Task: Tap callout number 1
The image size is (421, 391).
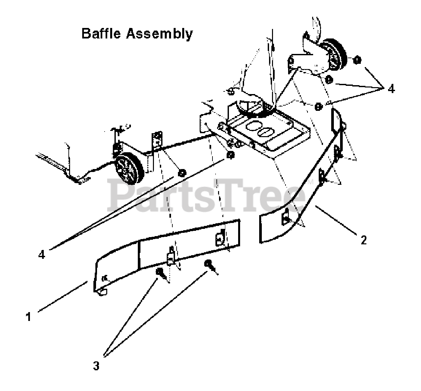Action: tap(29, 317)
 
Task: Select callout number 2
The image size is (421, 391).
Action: tap(363, 240)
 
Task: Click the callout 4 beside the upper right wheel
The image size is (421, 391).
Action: tap(391, 89)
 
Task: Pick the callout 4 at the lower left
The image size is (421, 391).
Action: tap(42, 255)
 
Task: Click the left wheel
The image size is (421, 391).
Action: tap(129, 170)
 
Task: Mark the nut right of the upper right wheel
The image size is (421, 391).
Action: tap(358, 61)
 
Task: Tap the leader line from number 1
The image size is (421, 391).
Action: tap(62, 296)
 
